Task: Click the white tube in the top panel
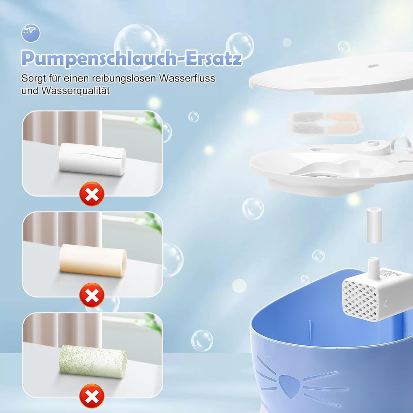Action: (93, 159)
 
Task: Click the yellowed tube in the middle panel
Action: (93, 262)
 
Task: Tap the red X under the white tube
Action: (92, 194)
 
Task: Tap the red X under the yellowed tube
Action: (92, 295)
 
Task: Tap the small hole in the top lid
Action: (371, 65)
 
